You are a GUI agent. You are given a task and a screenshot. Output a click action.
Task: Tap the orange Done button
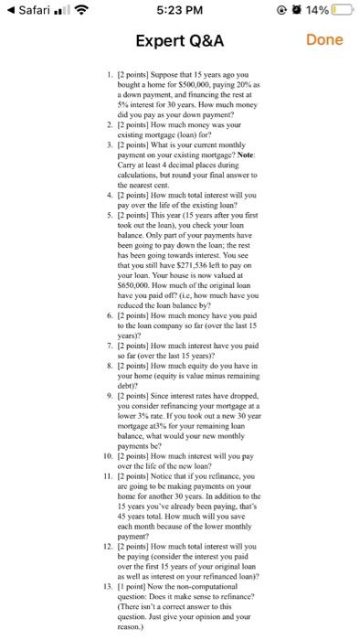pyautogui.click(x=324, y=39)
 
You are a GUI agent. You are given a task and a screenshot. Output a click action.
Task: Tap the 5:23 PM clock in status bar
pyautogui.click(x=179, y=10)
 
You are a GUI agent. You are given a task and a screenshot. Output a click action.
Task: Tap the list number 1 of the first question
pyautogui.click(x=110, y=70)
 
